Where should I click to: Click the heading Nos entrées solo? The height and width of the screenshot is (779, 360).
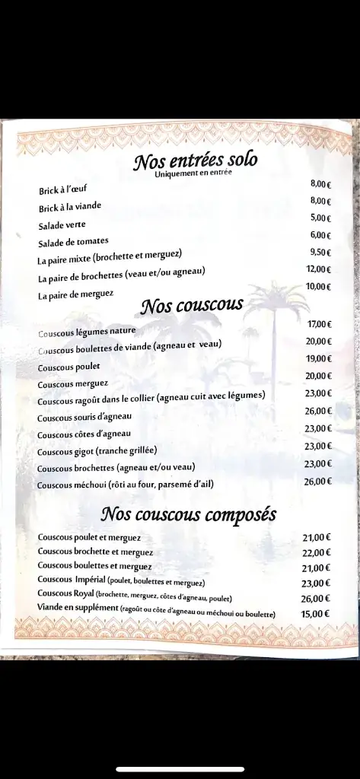(x=196, y=161)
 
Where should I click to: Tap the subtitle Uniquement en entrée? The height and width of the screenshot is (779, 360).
(x=193, y=174)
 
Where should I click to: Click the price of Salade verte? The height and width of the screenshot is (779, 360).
(x=321, y=218)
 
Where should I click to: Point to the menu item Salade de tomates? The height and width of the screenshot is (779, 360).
(x=74, y=243)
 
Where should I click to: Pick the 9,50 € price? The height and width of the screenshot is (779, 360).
(x=320, y=252)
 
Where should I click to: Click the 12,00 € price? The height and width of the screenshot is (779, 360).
(x=319, y=269)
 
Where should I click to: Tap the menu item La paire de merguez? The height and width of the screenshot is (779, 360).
(x=75, y=296)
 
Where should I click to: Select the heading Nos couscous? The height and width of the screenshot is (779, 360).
(x=192, y=306)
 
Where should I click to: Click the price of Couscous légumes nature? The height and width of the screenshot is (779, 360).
(x=319, y=324)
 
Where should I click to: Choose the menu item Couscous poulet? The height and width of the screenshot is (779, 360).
(x=68, y=367)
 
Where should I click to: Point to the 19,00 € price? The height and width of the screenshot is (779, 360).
(x=319, y=358)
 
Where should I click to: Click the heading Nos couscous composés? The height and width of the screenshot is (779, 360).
(x=188, y=515)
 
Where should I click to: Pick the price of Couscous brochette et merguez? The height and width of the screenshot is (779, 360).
(x=316, y=553)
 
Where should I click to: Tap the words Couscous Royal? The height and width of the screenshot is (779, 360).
(x=63, y=593)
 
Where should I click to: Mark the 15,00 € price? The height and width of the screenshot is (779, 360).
(x=315, y=614)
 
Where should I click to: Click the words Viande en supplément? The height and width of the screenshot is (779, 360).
(x=77, y=608)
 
